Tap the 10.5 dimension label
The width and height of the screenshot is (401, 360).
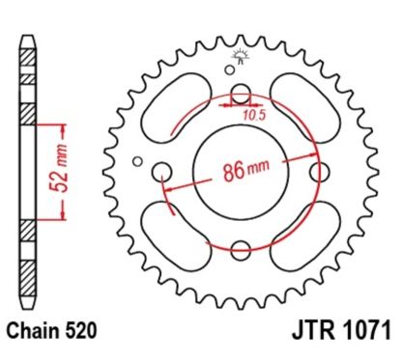tap(252, 115)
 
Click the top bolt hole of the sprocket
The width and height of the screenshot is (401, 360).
tap(242, 95)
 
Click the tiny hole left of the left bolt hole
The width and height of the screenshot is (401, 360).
tap(137, 161)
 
